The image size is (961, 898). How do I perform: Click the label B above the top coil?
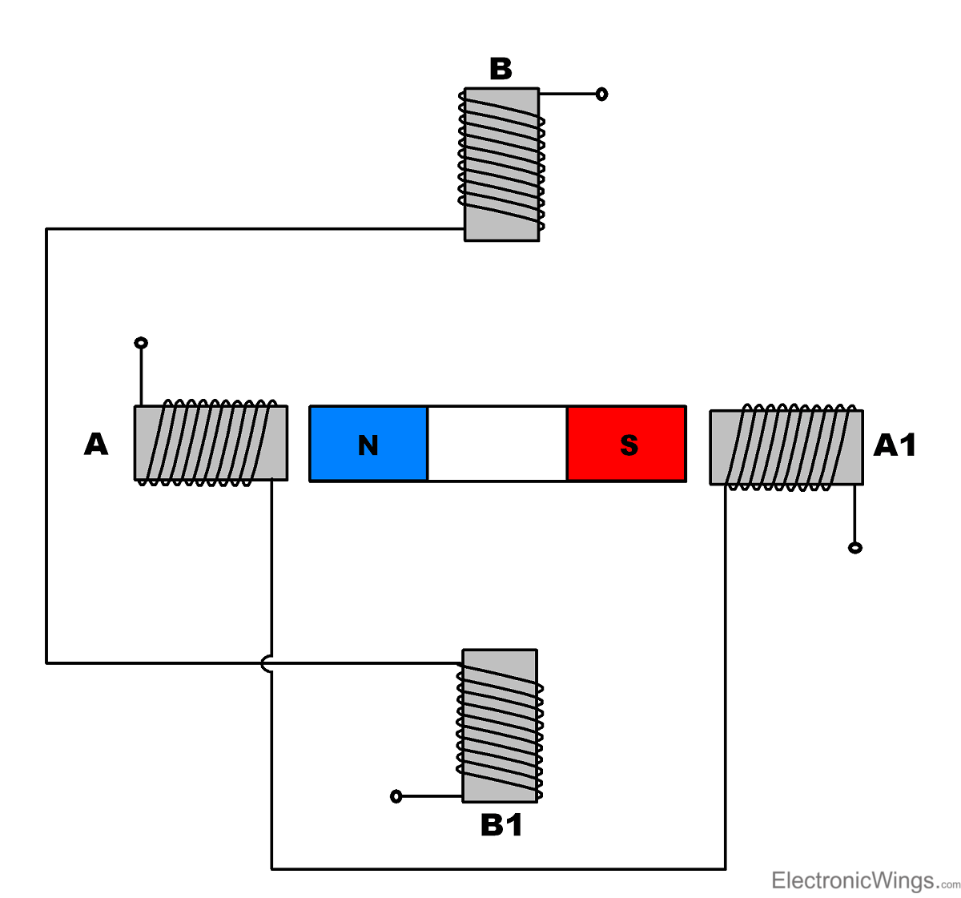501,70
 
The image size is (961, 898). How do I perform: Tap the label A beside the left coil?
96,444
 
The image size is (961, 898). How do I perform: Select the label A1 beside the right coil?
895,445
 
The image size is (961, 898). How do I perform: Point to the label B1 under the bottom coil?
501,825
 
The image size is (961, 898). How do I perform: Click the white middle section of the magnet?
497,444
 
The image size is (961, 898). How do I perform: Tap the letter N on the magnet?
368,445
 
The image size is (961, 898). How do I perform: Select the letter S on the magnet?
629,445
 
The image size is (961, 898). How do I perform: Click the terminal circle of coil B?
601,95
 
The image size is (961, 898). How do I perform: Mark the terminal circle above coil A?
141,344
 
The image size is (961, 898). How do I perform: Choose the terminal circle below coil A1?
855,548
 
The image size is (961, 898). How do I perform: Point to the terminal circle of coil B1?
396,796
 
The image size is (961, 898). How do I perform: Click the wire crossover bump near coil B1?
267,663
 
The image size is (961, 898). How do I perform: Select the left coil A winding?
211,443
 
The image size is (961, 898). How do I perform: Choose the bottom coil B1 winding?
501,725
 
